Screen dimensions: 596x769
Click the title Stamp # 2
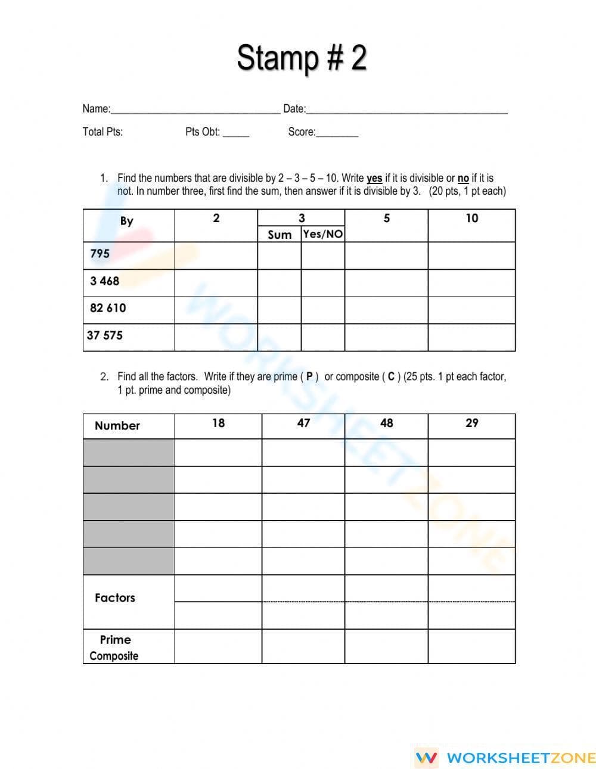[302, 58]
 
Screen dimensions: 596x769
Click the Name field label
[96, 108]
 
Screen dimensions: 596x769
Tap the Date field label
[294, 108]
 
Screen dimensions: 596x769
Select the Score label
[302, 132]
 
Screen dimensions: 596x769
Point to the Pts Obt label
[203, 132]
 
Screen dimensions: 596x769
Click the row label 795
[100, 253]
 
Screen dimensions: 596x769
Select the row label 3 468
[104, 281]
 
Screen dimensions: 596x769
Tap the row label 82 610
[108, 308]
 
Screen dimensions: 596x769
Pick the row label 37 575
[105, 335]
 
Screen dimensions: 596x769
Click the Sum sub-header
[280, 235]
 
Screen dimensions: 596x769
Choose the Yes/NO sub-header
[322, 234]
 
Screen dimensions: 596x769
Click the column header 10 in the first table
[471, 219]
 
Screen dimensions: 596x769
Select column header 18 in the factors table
[218, 423]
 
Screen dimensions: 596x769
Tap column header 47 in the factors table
[303, 423]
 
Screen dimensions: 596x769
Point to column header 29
[471, 423]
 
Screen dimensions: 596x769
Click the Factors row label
[115, 597]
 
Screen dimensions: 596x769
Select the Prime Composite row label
[114, 647]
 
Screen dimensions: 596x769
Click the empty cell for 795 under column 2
[216, 256]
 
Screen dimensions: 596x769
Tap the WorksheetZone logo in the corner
[505, 758]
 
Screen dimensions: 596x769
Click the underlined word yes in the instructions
[374, 178]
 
